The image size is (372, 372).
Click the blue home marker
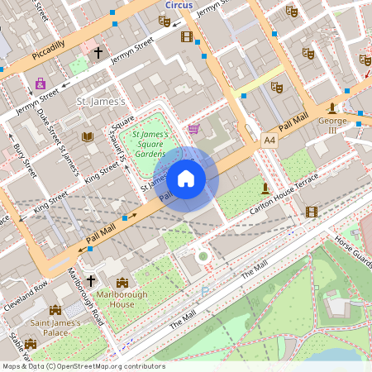click(x=186, y=178)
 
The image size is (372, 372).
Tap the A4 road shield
click(x=269, y=140)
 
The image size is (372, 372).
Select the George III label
click(x=332, y=125)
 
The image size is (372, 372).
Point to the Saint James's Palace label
click(x=55, y=327)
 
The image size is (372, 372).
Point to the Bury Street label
click(x=24, y=160)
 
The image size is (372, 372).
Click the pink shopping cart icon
click(x=193, y=128)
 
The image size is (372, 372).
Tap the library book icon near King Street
click(x=88, y=136)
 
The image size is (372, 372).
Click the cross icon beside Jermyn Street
click(x=98, y=52)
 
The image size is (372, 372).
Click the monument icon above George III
click(x=332, y=107)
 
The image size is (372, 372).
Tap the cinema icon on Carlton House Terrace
click(x=311, y=212)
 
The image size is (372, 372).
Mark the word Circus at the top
click(x=179, y=5)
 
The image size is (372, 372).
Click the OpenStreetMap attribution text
click(x=83, y=366)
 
